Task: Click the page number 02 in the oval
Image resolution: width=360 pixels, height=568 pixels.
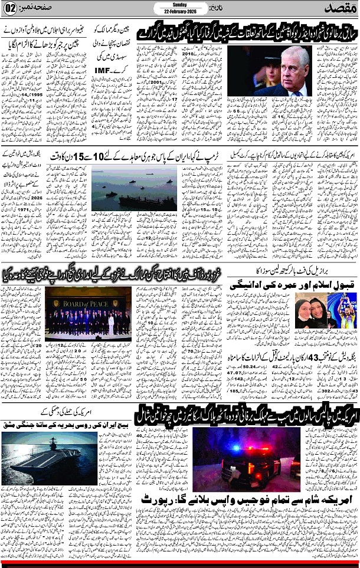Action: point(9,9)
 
